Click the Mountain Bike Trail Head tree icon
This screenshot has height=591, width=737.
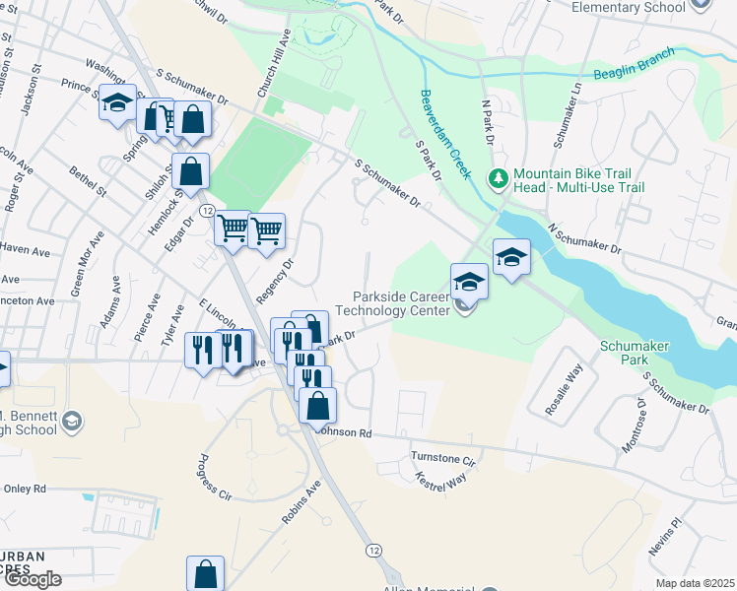click(499, 178)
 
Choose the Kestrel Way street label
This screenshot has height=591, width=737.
click(441, 480)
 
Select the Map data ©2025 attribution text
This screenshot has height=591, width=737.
click(696, 583)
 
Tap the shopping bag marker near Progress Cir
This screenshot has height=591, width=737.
click(205, 572)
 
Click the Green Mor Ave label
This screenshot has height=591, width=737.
click(87, 264)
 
